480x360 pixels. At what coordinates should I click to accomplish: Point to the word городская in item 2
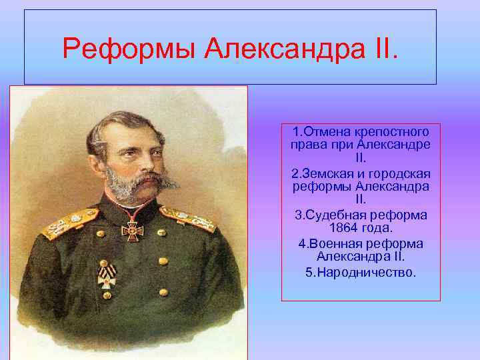click(399, 173)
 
